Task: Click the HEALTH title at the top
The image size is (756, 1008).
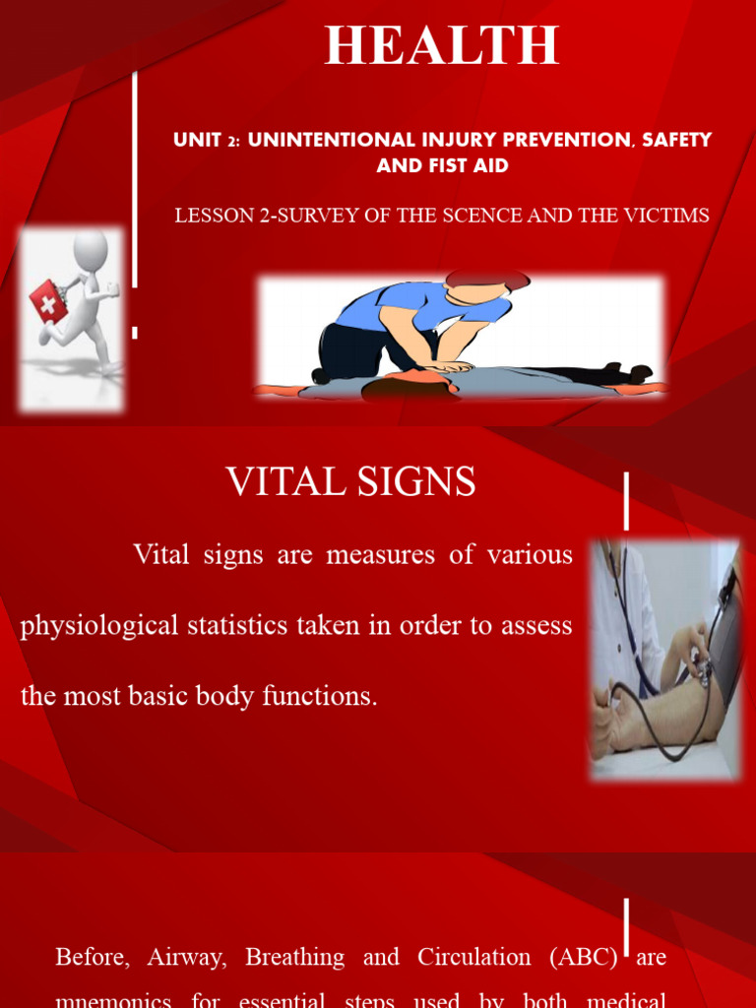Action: (x=442, y=45)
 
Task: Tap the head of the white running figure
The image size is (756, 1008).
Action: (x=90, y=249)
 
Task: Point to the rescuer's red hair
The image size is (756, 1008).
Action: (x=487, y=280)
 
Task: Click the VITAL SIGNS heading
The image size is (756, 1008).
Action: (x=350, y=482)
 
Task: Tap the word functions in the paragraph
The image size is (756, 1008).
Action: (x=320, y=696)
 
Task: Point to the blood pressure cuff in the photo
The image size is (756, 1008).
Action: (x=724, y=630)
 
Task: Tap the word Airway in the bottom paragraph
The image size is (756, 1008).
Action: (x=187, y=957)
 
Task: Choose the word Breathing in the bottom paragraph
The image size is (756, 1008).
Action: (x=294, y=957)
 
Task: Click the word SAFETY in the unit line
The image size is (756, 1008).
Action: (x=676, y=140)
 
